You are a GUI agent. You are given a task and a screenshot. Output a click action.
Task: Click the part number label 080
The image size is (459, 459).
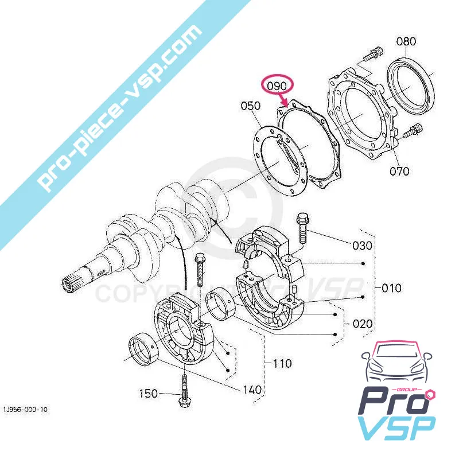tap(406, 42)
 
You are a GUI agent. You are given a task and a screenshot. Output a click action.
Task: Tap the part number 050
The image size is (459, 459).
tap(251, 106)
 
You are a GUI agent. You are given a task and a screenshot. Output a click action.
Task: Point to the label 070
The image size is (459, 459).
tap(399, 171)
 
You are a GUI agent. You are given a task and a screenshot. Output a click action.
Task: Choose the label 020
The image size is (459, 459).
tap(362, 323)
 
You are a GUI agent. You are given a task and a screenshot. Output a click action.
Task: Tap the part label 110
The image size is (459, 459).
tap(282, 363)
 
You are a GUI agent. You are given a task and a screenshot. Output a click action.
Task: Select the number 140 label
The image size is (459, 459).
tap(253, 390)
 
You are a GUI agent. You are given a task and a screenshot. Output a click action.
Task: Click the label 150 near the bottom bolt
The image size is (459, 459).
tap(149, 394)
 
